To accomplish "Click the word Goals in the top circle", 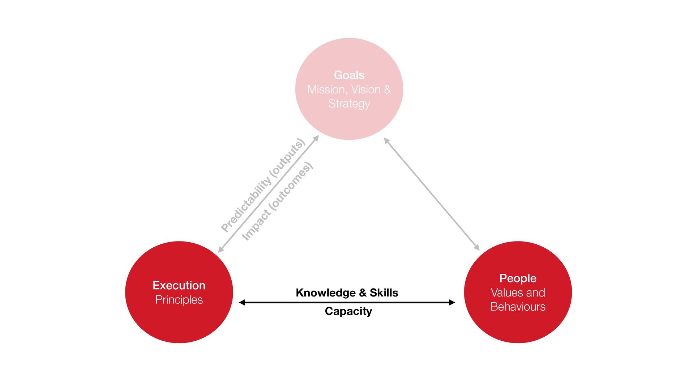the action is (349, 75).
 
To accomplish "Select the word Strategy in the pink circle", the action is (349, 104).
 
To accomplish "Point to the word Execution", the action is (179, 285).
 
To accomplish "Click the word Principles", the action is (179, 300).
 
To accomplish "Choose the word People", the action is (518, 278).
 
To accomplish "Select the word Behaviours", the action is (518, 307).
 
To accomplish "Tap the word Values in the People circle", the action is (504, 293).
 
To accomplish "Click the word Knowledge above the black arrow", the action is (326, 293).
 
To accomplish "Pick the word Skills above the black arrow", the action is (384, 293).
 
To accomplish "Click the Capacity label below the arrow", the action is (348, 311).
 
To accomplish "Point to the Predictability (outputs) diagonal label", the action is (263, 185).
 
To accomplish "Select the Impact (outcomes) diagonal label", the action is (277, 201).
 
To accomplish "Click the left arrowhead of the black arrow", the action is (242, 302).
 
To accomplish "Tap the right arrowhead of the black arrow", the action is (452, 302).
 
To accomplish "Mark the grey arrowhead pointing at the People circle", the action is (477, 247).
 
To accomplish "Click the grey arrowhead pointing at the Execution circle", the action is (220, 250).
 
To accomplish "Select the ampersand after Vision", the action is (387, 89).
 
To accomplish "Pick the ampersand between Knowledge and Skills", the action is (363, 293).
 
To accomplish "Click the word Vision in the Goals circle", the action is (366, 89).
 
